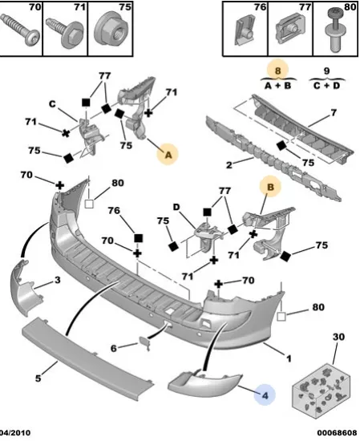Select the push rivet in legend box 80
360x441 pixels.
point(337,30)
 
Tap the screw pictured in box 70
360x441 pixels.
point(19,29)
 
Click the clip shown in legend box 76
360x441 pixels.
point(245,30)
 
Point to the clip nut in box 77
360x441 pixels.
point(290,28)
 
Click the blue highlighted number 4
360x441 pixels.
point(265,395)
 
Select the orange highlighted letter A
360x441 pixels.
point(168,155)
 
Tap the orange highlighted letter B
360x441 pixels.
point(270,187)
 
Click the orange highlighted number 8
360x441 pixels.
point(277,71)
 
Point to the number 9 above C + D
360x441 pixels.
point(326,71)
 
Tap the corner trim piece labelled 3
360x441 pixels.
point(26,289)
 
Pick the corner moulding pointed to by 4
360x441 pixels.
point(204,382)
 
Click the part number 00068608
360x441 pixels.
point(338,433)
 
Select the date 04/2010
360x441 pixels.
point(15,433)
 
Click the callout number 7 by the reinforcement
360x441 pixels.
point(334,112)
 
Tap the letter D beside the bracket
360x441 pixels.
point(176,208)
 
